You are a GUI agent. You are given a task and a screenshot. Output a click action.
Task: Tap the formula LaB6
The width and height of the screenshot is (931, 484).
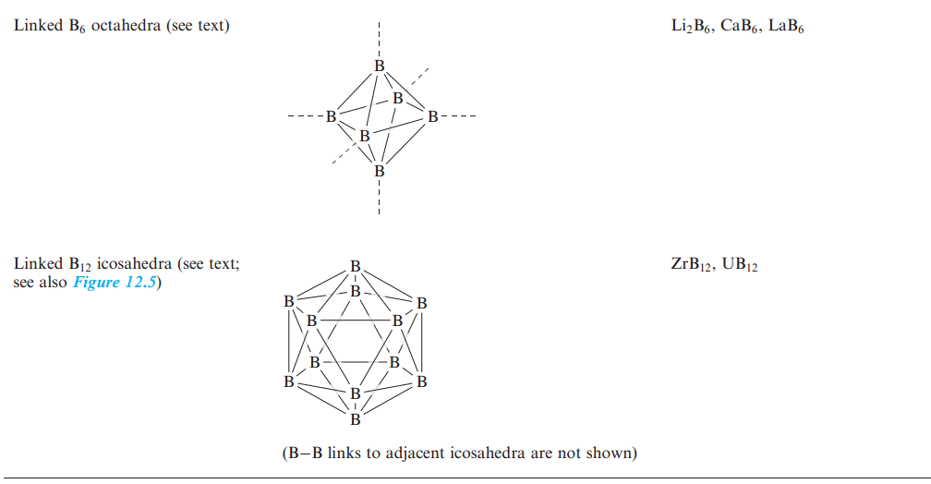coord(787,26)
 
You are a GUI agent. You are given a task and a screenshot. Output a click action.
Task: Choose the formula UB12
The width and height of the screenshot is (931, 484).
coord(742,265)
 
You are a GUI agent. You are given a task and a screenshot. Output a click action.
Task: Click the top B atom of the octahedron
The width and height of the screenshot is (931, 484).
coord(379,67)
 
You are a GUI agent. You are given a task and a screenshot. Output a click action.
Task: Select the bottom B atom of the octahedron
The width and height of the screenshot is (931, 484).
coord(379,171)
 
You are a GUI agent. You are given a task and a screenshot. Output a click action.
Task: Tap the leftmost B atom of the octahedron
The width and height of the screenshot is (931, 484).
coord(331,117)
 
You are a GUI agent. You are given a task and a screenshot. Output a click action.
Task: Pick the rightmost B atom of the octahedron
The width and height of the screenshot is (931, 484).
coord(430,117)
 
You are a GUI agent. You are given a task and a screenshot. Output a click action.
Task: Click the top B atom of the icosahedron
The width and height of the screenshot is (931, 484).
coord(356,266)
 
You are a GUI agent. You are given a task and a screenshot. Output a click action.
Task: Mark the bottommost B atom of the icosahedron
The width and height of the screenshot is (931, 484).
coord(356,420)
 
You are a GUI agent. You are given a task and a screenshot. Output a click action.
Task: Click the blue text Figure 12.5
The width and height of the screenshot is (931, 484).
coord(121,282)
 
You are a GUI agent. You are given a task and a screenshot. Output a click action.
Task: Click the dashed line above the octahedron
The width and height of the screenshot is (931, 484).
coord(379,40)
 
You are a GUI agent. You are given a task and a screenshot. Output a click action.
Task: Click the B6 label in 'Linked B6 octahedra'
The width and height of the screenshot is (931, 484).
coord(78,27)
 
